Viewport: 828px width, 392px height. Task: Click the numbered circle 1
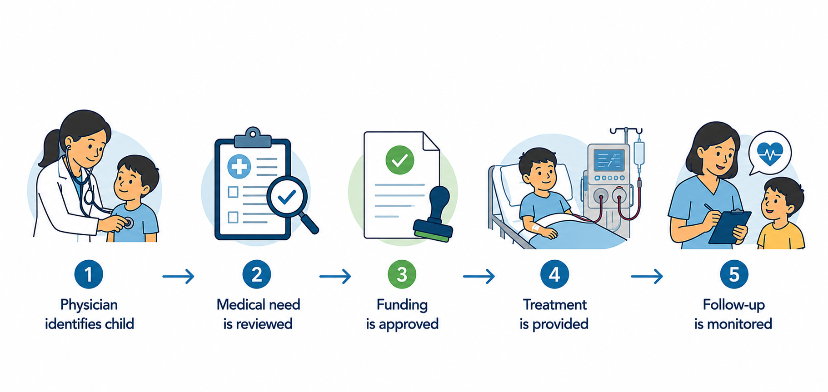(x=89, y=274)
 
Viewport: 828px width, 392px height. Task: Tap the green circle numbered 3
(x=402, y=274)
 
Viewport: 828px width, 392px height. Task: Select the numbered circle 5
(x=734, y=274)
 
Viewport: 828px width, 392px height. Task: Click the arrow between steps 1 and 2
(x=179, y=276)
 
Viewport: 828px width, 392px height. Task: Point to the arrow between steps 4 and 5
(x=647, y=276)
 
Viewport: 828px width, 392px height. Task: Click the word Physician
(x=89, y=305)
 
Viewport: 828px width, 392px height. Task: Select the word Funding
(x=402, y=305)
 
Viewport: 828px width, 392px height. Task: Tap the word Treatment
(x=554, y=304)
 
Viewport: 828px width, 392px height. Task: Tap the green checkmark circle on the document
(x=399, y=160)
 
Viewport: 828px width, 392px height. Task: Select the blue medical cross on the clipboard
(x=239, y=166)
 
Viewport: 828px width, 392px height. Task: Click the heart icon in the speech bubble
(x=770, y=154)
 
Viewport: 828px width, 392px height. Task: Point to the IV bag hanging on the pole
(x=639, y=154)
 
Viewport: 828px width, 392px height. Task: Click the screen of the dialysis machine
(x=609, y=159)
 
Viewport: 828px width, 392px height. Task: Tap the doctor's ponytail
(x=50, y=148)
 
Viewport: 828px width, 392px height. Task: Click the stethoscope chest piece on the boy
(x=130, y=223)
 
